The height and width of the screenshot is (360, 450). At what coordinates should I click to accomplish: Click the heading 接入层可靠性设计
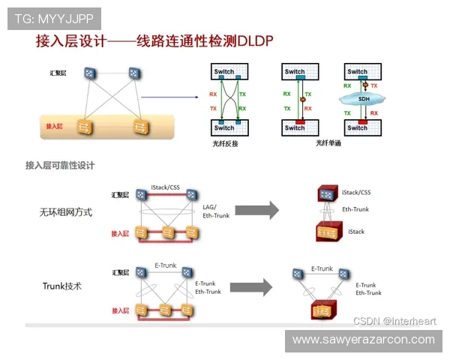[x=60, y=165]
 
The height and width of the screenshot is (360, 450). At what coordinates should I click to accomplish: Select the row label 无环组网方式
[x=66, y=212]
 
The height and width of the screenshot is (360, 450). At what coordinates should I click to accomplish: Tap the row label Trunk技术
[x=61, y=286]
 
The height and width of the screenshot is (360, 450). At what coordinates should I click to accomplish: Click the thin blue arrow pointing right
[x=169, y=96]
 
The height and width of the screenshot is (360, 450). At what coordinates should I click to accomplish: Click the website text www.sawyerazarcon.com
[x=363, y=340]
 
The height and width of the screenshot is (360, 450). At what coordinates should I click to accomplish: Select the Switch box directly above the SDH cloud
[x=358, y=72]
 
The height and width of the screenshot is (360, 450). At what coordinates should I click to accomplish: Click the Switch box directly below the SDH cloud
[x=358, y=127]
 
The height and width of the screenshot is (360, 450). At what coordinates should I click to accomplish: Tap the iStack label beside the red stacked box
[x=356, y=232]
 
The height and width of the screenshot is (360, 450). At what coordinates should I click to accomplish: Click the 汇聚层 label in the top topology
[x=58, y=73]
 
